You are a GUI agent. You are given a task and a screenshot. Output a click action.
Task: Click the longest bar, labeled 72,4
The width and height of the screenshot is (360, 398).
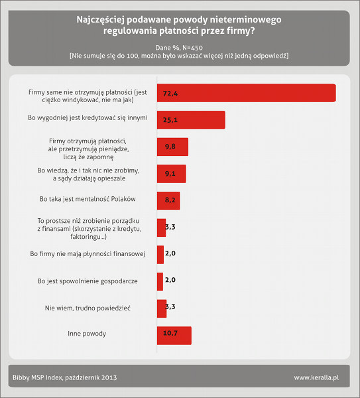(246, 93)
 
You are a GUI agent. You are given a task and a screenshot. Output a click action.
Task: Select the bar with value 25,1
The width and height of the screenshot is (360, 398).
(191, 119)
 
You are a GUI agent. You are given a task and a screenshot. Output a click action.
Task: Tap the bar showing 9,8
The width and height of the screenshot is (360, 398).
(172, 147)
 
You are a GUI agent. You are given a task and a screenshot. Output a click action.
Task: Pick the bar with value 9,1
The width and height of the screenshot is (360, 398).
(171, 174)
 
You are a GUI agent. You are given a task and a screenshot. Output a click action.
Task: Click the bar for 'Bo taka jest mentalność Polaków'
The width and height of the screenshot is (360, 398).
(168, 200)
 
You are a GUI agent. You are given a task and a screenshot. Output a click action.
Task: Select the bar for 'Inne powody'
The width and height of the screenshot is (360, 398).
(174, 336)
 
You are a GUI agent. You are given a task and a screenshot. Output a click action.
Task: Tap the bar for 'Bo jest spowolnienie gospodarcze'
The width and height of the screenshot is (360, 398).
(160, 281)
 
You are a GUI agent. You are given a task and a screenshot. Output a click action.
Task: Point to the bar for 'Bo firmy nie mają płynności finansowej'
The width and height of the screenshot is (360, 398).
(160, 254)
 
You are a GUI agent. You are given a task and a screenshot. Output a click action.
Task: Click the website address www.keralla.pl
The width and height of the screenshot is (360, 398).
(316, 378)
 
